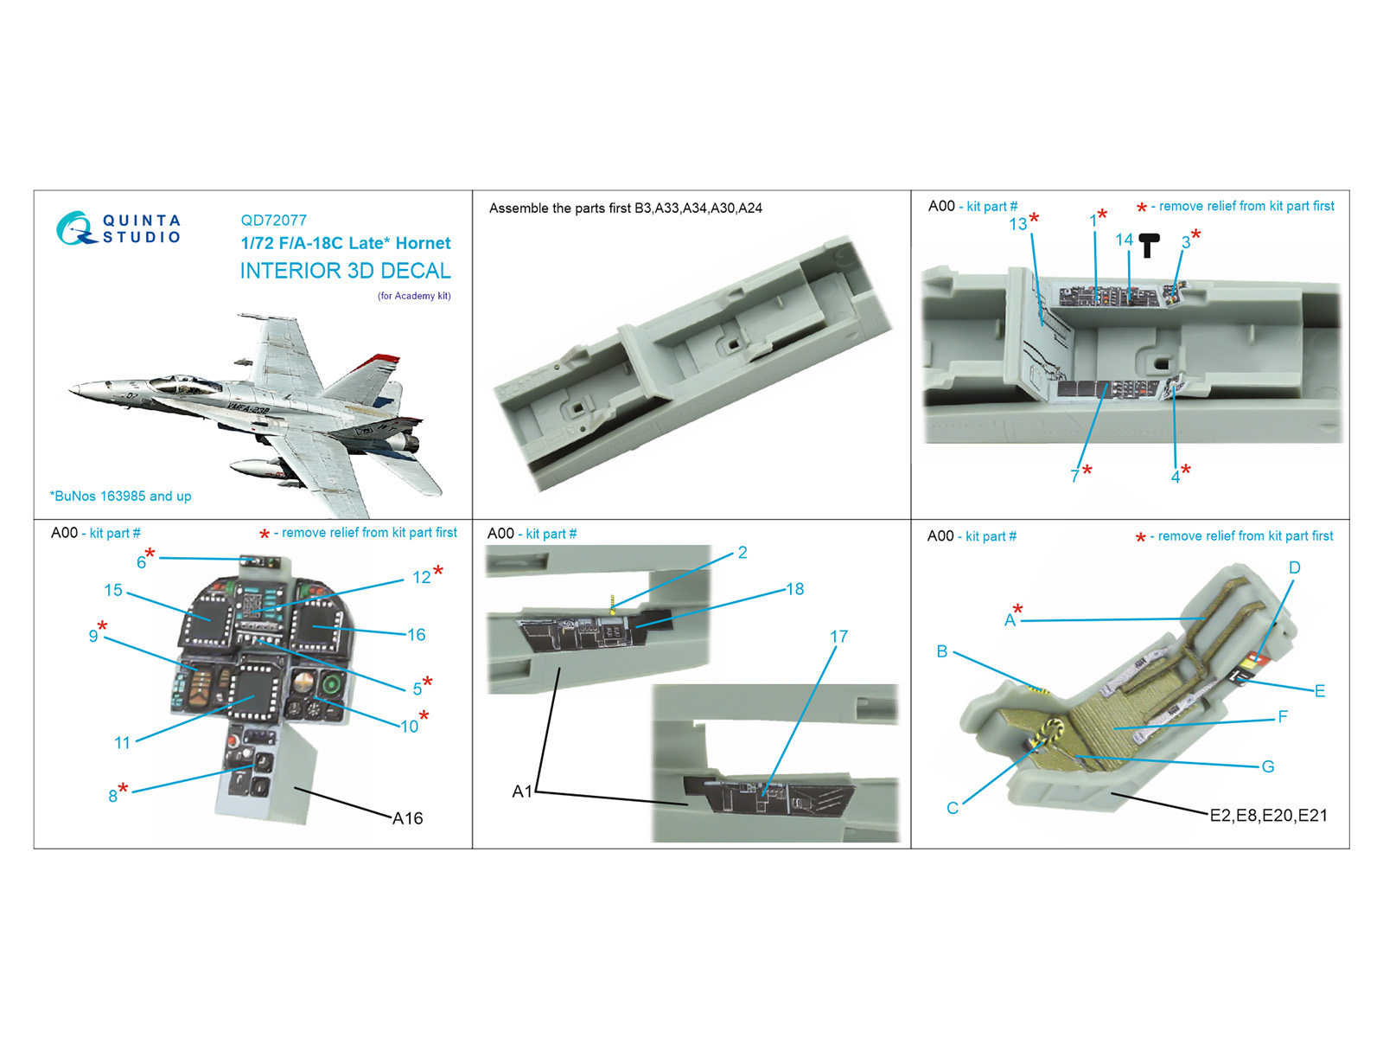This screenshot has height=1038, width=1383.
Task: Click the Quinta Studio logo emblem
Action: coord(75,228)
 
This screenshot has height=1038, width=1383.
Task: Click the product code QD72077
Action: coord(273,221)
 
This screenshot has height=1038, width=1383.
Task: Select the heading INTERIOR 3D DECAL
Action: coord(345,271)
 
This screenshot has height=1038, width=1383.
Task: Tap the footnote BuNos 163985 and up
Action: coord(121,497)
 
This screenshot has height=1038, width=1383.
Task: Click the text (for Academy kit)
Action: coord(414,296)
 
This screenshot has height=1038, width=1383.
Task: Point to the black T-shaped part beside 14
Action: coord(1149,245)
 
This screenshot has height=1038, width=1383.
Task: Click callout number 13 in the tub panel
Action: coord(1018,224)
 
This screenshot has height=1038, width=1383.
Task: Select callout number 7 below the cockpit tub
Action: coord(1074,476)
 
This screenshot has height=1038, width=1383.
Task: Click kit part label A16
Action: coord(408,818)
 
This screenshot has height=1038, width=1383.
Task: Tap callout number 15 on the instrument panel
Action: coord(113,590)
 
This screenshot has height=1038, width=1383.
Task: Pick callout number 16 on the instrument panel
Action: coord(416,635)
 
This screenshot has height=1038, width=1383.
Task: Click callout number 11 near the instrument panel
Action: coord(122,742)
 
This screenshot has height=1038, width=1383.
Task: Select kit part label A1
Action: coord(521,791)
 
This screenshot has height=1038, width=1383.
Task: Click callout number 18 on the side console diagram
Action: coord(794,589)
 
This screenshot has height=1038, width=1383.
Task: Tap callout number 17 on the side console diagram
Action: coord(838,637)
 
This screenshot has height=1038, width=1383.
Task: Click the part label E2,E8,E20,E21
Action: coord(1268,815)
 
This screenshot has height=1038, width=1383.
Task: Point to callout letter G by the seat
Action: coord(1268,766)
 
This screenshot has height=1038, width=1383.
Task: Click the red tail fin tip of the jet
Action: coord(386,358)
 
